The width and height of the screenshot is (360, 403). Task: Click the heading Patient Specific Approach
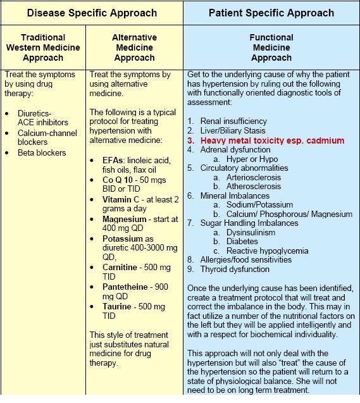(x=271, y=13)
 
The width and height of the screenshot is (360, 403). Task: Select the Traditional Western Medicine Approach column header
(x=43, y=47)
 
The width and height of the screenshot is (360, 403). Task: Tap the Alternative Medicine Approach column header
(x=134, y=47)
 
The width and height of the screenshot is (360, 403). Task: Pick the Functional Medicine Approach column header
(x=271, y=47)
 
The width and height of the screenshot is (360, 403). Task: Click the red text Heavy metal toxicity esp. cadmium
(x=272, y=140)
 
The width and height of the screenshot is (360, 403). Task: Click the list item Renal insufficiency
(x=233, y=121)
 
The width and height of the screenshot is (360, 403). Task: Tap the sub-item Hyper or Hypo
(x=251, y=159)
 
